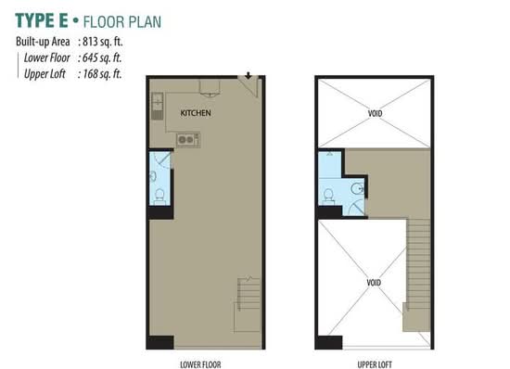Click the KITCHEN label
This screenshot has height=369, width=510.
(x=196, y=113)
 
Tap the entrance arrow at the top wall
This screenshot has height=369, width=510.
(x=249, y=75)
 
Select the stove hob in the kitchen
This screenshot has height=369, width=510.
(x=188, y=140)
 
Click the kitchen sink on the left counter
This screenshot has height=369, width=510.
(x=158, y=106)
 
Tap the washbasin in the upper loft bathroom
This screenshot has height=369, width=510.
(x=357, y=188)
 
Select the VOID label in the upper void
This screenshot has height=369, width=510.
(x=375, y=113)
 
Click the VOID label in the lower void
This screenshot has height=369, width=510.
(x=374, y=283)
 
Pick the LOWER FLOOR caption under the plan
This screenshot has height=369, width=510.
(x=200, y=364)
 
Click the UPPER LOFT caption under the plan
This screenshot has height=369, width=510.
(x=375, y=364)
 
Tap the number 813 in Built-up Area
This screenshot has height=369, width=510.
(x=90, y=42)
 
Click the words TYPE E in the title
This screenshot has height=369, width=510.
(x=42, y=20)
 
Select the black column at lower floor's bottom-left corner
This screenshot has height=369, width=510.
(x=160, y=342)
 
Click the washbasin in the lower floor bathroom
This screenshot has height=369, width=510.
(x=153, y=176)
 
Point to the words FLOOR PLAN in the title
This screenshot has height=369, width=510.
(x=122, y=22)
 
